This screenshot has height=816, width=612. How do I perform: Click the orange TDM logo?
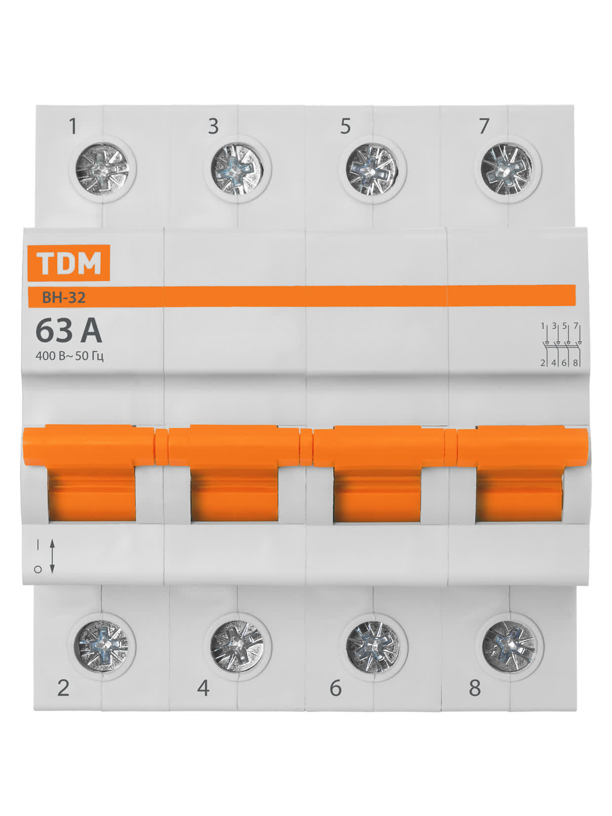pos(69,263)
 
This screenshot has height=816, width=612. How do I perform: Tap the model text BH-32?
pos(64,298)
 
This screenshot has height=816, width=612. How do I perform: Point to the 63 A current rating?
pos(69,331)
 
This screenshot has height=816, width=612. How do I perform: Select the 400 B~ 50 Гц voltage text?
pos(70,356)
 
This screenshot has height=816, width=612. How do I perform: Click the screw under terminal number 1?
pos(103,170)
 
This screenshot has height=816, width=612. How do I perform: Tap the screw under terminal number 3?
pos(237,170)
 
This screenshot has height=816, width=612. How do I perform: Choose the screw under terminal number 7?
pos(507,170)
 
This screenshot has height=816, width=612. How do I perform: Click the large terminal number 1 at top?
pos(73,126)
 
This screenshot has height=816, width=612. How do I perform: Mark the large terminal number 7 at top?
pos(484,126)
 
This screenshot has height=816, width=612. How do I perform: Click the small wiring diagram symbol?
pos(561,345)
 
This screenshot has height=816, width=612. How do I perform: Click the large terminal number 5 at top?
pos(345,126)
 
